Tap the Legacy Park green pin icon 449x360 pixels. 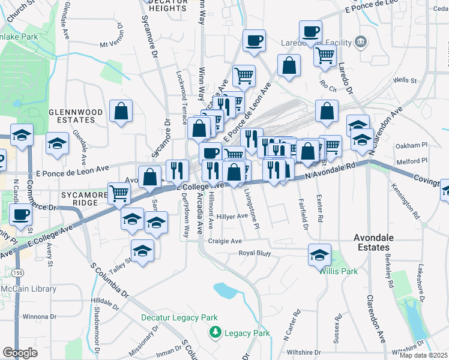point(214,332)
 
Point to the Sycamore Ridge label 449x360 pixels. point(79,199)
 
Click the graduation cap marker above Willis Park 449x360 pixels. point(319,254)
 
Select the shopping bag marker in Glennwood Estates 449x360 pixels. point(121,111)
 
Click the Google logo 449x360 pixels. point(20,352)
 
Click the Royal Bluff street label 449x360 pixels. point(255,253)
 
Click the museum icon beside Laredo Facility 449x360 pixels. point(360,42)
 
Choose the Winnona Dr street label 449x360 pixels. point(39,316)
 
